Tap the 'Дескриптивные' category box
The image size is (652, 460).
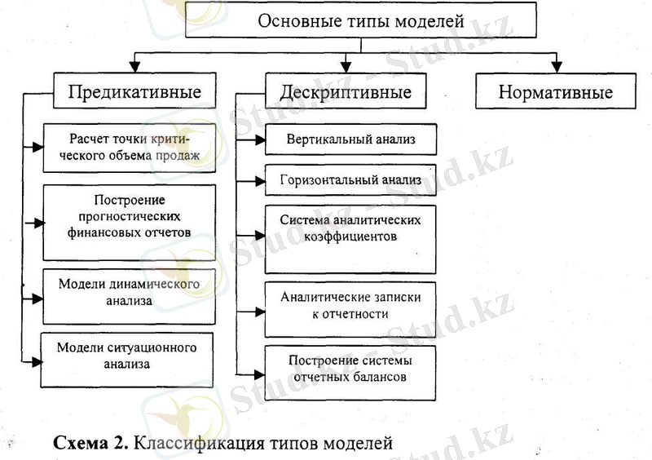point(345,92)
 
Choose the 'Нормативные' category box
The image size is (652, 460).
point(555,92)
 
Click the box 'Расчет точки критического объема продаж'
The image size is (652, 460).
point(129,147)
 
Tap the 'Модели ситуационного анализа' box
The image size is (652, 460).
point(129,356)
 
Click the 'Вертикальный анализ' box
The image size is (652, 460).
point(351,139)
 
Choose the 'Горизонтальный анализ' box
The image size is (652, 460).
point(351,180)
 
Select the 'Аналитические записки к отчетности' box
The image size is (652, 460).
point(351,306)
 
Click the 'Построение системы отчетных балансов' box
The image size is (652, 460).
point(351,369)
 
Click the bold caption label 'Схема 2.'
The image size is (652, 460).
point(89,445)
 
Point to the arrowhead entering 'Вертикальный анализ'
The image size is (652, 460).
point(259,140)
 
